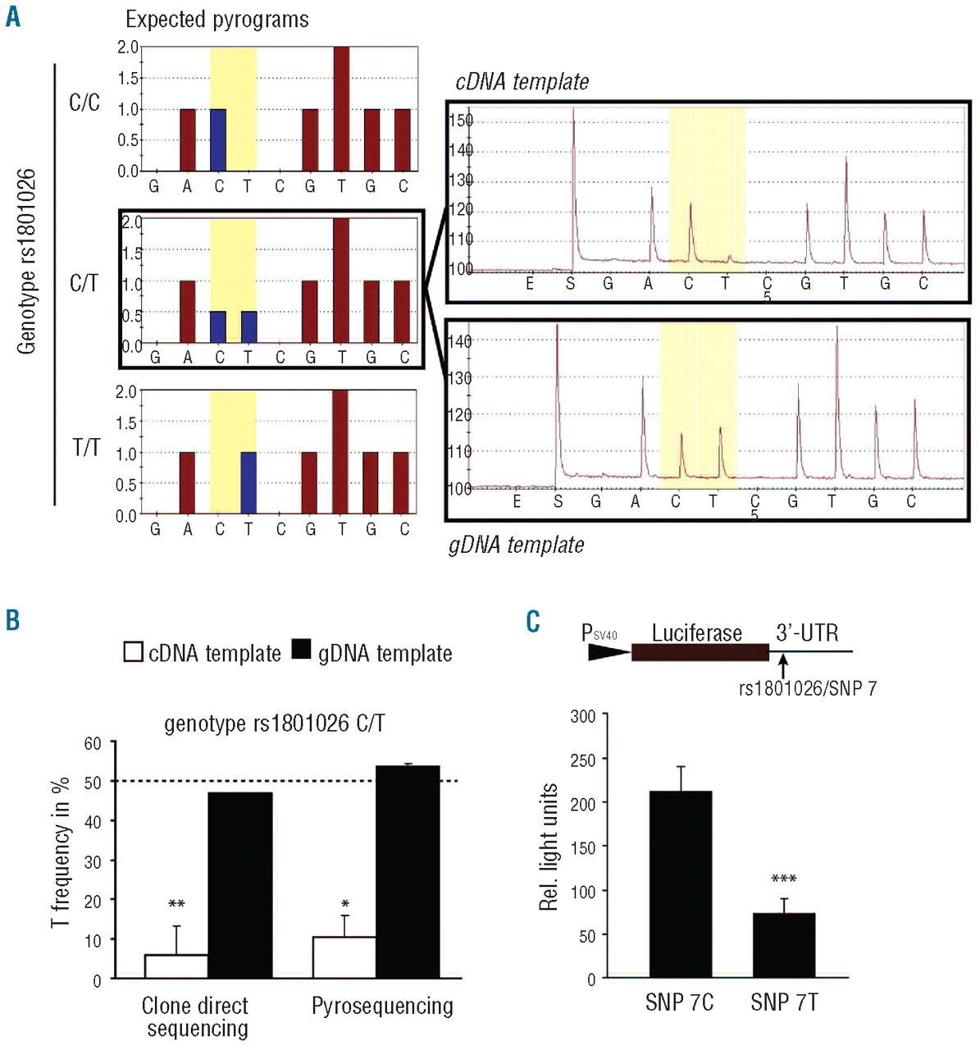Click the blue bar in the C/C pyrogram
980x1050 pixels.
click(218, 139)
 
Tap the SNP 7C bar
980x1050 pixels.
click(680, 883)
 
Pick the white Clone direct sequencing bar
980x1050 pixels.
click(175, 966)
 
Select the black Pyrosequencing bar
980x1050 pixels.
click(408, 871)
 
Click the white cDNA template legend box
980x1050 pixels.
click(133, 652)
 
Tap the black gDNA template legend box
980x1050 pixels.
click(302, 651)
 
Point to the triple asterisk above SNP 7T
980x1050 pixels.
click(784, 879)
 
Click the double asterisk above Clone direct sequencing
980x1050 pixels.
click(176, 905)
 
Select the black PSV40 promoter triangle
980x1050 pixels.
click(608, 652)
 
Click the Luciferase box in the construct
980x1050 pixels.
click(700, 653)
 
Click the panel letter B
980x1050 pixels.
click(12, 619)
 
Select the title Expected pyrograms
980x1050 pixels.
click(217, 20)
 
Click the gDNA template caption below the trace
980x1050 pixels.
click(517, 545)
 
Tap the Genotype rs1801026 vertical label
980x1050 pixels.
click(27, 261)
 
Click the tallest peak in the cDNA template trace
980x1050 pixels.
click(573, 123)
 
